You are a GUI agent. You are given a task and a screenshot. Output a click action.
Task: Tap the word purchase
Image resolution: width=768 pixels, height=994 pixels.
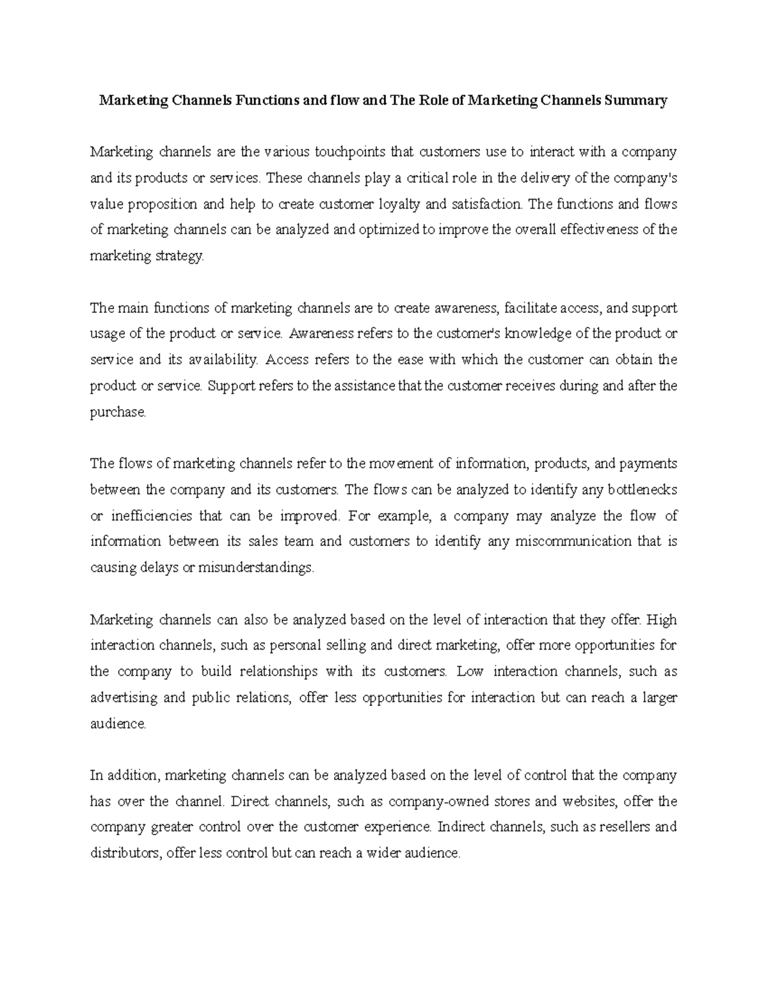(118, 412)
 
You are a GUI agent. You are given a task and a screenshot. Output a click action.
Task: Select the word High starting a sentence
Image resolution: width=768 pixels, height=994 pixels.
(662, 620)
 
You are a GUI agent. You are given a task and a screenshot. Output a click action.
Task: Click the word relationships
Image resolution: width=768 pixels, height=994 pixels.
(278, 671)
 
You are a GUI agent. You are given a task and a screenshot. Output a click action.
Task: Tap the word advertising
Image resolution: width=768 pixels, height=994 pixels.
(122, 698)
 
